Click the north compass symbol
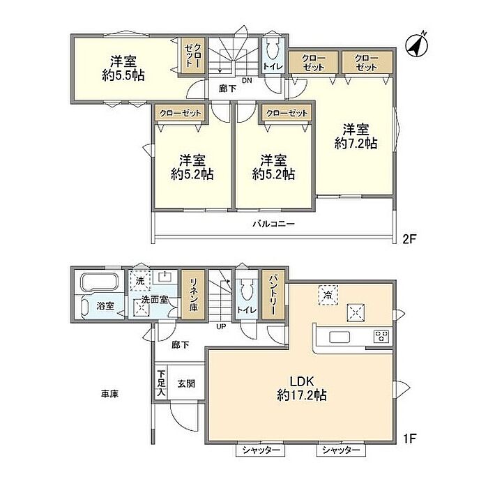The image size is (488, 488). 416,46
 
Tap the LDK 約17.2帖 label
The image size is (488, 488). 302,388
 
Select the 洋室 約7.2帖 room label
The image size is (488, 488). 356,136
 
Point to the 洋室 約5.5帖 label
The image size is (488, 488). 123,68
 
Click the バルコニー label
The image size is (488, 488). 273,224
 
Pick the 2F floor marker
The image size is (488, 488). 409,239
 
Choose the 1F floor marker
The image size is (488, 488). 410,439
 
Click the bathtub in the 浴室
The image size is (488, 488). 100,282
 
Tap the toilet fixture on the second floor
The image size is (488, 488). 273,49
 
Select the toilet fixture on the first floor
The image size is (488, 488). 247,289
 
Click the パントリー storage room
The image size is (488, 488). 273,294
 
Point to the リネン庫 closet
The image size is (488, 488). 193,294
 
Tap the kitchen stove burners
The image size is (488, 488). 381,337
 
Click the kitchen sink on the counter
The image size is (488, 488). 340,337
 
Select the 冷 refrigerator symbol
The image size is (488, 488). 328,295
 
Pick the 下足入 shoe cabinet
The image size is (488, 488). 161,382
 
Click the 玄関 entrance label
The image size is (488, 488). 186,383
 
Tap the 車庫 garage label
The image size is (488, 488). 109,394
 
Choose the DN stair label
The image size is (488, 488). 247,81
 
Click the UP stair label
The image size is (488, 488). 221,327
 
